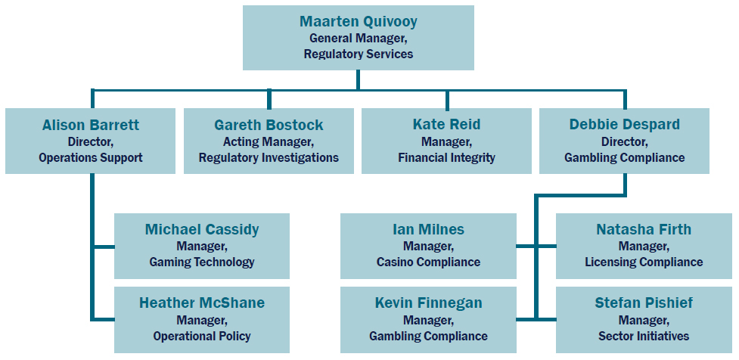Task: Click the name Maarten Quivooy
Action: click(358, 21)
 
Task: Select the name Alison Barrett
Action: click(91, 125)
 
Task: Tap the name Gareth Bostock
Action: click(269, 125)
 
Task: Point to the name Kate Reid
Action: click(446, 125)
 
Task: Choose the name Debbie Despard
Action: click(625, 125)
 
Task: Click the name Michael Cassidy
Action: click(202, 229)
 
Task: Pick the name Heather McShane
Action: click(202, 303)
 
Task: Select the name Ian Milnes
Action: click(428, 229)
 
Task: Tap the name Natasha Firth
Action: click(644, 229)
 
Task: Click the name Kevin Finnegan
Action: click(428, 303)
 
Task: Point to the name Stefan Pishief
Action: click(644, 303)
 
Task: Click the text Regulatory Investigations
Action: click(269, 158)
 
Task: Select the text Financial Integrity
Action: click(446, 158)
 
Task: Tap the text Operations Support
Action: click(91, 158)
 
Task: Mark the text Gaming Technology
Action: click(202, 262)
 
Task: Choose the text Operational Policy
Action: click(202, 336)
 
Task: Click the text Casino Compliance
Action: click(428, 262)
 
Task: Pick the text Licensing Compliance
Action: click(644, 262)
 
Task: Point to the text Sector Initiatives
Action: click(644, 336)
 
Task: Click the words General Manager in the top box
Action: click(358, 38)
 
